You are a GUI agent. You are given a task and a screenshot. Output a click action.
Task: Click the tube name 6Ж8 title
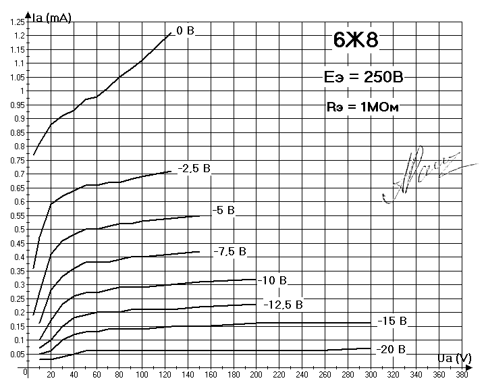356,41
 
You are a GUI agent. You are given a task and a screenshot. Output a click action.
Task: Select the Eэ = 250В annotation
364,78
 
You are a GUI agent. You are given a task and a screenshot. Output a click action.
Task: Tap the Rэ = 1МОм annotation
365,107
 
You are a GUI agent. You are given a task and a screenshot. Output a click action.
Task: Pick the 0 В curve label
185,30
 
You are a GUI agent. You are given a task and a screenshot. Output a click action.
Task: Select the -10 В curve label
272,280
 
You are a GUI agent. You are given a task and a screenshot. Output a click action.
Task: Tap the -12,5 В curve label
282,305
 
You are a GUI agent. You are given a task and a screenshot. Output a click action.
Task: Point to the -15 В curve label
391,320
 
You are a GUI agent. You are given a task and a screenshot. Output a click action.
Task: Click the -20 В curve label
391,349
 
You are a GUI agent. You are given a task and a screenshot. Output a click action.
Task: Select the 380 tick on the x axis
461,372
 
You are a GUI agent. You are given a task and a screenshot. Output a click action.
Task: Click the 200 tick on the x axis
255,372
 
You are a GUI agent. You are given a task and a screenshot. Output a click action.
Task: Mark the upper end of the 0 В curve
171,32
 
